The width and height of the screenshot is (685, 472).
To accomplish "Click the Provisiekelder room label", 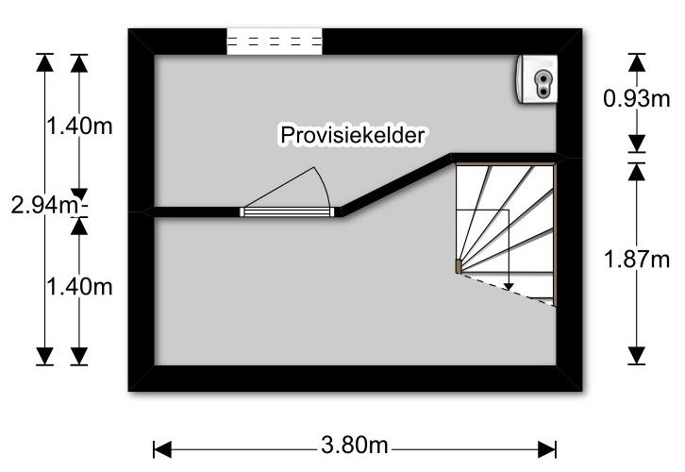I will [x=353, y=136].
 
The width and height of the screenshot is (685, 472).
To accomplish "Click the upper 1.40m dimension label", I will [x=78, y=126].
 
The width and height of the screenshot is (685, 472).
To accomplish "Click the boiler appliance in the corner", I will [x=538, y=78].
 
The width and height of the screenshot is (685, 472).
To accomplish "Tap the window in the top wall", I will [x=276, y=42].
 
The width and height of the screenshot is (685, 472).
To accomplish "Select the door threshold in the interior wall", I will [x=288, y=212].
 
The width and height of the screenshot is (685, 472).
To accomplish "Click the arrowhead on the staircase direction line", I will [x=509, y=284].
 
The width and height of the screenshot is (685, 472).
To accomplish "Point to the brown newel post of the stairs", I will [x=459, y=267].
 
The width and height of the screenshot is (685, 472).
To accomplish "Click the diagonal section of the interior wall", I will [x=396, y=184].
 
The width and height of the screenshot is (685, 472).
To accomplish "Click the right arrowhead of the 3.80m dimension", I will [x=549, y=449].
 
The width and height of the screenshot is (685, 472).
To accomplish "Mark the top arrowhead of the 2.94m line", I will [x=43, y=62].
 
